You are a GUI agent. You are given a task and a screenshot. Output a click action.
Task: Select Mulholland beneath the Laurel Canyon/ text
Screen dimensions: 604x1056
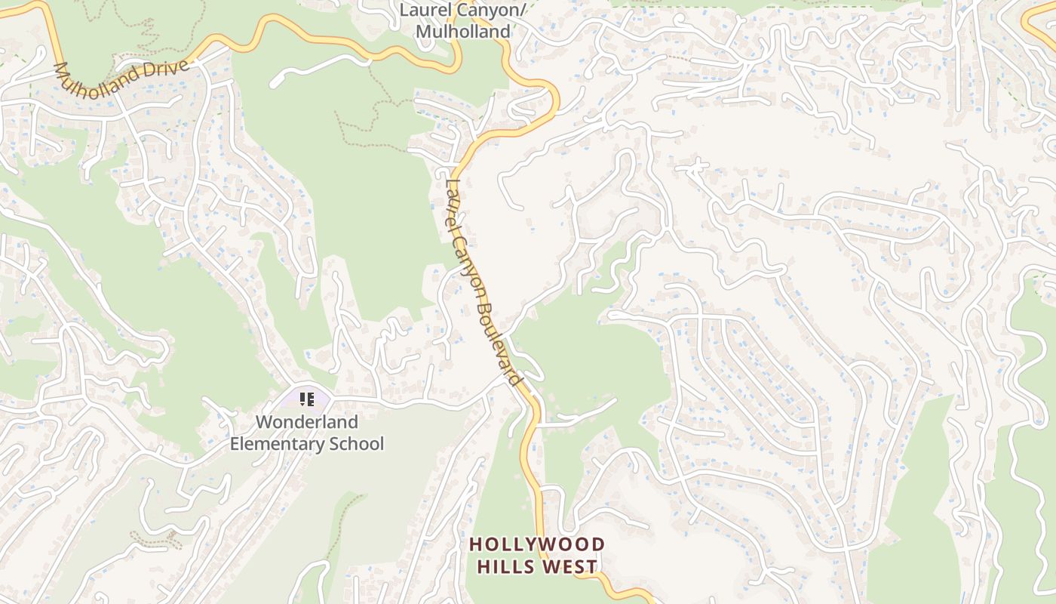pyautogui.click(x=462, y=32)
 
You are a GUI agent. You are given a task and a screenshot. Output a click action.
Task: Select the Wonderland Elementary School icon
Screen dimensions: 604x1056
pyautogui.click(x=306, y=399)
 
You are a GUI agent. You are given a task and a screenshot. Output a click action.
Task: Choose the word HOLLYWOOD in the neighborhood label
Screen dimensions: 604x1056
pyautogui.click(x=537, y=544)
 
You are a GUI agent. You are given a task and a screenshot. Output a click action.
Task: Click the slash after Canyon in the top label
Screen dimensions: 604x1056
pyautogui.click(x=522, y=11)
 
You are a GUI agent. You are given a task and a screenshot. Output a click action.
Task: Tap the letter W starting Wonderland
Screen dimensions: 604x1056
pyautogui.click(x=263, y=422)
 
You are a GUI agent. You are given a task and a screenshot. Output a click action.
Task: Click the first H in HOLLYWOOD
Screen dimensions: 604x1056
pyautogui.click(x=475, y=544)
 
